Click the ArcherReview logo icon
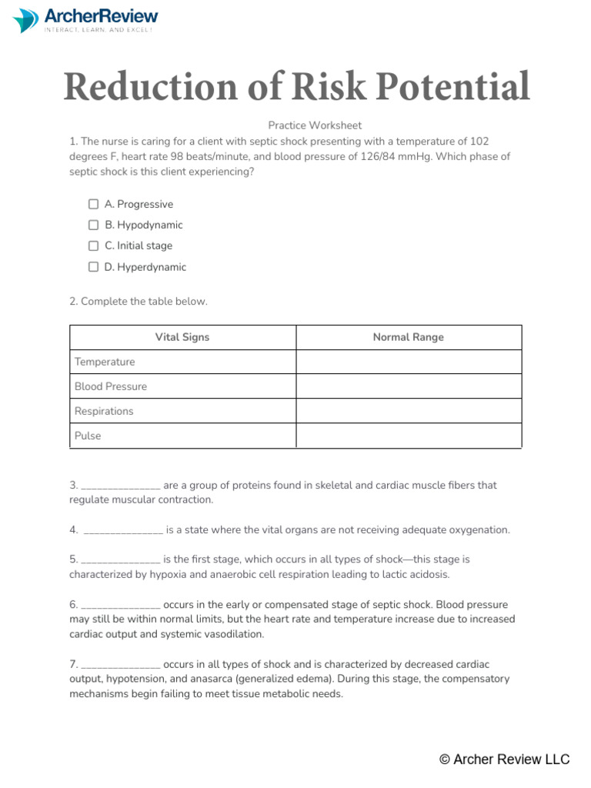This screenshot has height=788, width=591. (26, 20)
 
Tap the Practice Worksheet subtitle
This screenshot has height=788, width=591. (315, 125)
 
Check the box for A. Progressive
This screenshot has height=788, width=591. (93, 204)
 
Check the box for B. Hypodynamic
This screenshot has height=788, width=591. (93, 225)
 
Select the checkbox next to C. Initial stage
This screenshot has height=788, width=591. (93, 245)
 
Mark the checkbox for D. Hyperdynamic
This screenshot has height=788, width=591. (93, 267)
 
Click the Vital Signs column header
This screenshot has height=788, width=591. (182, 337)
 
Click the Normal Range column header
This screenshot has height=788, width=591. (408, 337)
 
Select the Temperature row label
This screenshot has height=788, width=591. (105, 362)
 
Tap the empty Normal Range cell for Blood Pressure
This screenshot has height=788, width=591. (409, 386)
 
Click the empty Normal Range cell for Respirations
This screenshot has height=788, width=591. (409, 411)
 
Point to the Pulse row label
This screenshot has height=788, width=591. (88, 436)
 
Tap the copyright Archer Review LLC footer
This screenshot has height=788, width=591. (504, 760)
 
